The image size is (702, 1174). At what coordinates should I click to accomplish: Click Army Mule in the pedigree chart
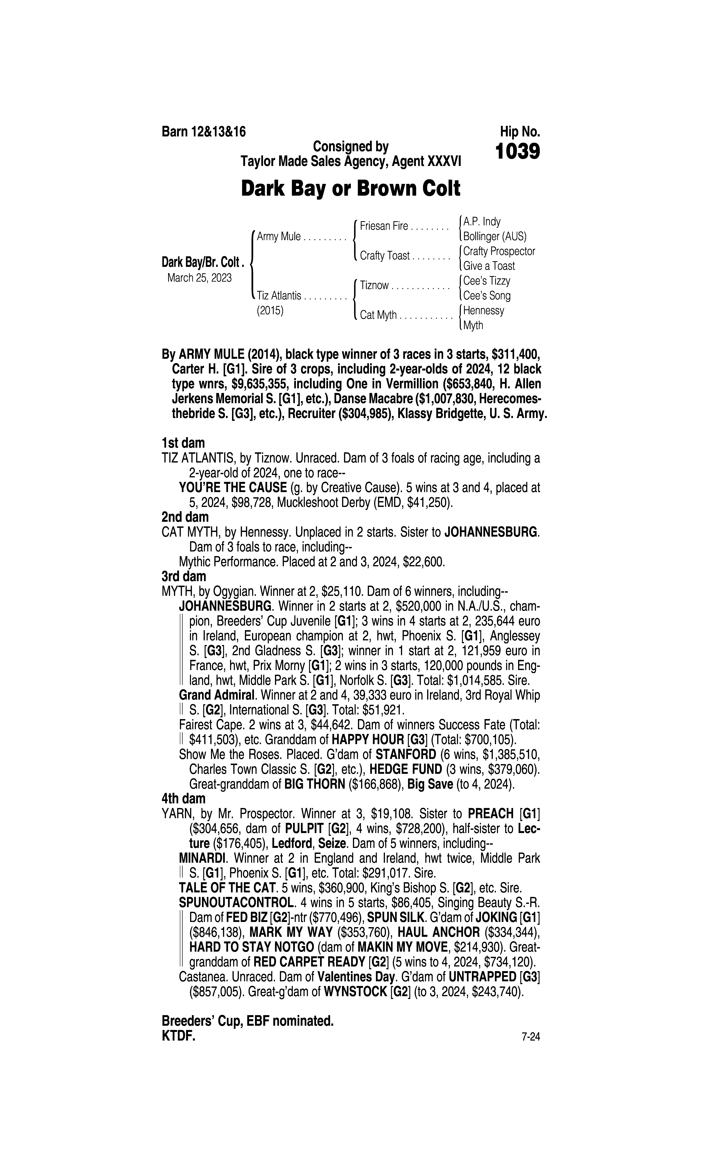[x=279, y=237]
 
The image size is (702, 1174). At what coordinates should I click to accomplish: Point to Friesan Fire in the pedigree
[x=384, y=226]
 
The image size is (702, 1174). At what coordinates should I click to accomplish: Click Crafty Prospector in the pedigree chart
[x=499, y=251]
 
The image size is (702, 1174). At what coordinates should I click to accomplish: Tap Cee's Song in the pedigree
[x=487, y=296]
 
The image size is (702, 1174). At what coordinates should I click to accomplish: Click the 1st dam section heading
[x=183, y=443]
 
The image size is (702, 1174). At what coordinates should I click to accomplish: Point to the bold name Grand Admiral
[x=218, y=695]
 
